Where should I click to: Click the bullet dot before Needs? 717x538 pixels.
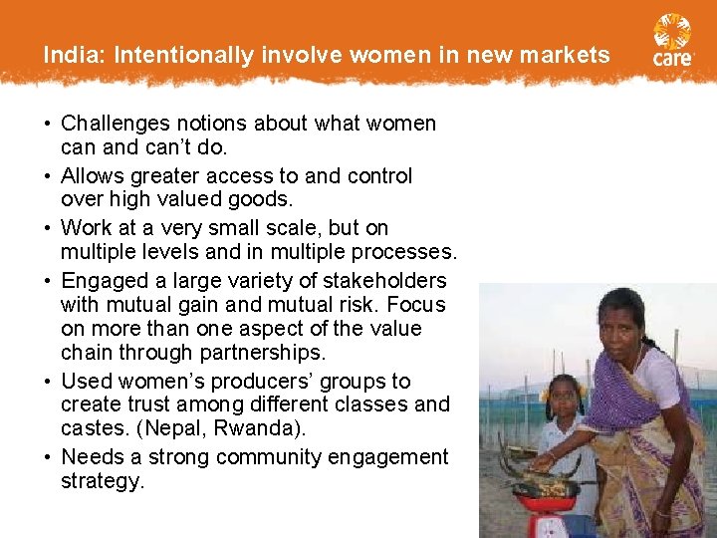click(x=48, y=457)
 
